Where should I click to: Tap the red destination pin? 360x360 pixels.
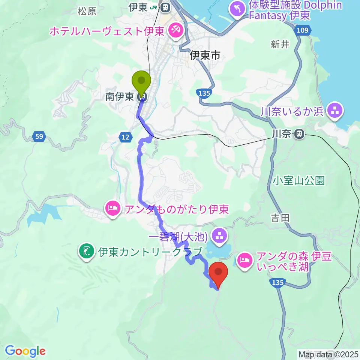219,273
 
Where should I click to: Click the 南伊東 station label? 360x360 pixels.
120,97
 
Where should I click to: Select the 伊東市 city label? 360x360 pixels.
205,56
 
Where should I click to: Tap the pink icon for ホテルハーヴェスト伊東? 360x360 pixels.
175,30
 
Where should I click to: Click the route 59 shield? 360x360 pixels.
39,137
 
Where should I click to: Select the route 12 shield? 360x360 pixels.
126,137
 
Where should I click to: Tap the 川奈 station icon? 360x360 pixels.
299,133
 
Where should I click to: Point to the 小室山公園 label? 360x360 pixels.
298,181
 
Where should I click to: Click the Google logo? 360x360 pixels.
25,351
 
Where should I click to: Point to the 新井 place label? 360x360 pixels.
280,44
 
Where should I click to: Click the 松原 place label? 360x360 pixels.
87,11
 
